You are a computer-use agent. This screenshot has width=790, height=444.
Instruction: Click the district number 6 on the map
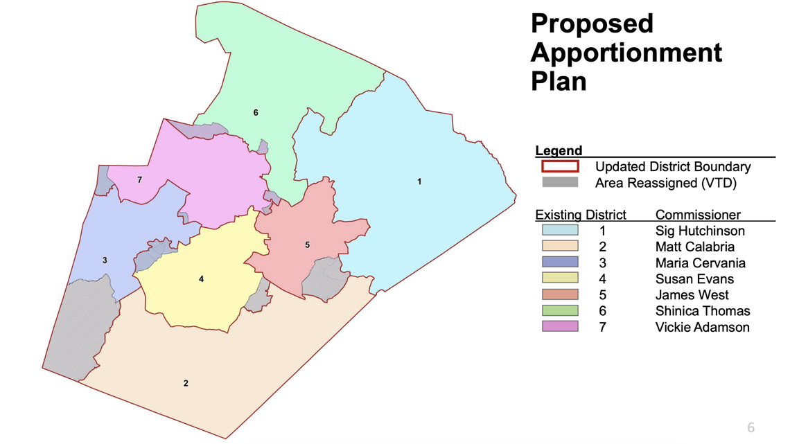click(x=256, y=112)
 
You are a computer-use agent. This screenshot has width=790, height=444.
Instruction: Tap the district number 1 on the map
click(x=419, y=181)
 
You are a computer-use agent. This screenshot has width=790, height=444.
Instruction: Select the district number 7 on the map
click(x=139, y=180)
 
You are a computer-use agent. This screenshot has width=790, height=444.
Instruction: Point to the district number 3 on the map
click(x=105, y=260)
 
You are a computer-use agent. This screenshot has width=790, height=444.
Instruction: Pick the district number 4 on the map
click(x=202, y=279)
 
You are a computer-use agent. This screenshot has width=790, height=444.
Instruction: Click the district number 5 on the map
click(x=307, y=245)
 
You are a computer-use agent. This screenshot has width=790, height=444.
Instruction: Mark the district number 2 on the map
click(x=186, y=383)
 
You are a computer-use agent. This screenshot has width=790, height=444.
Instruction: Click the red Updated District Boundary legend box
click(x=560, y=166)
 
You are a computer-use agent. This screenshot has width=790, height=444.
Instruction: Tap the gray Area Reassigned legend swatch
click(x=560, y=182)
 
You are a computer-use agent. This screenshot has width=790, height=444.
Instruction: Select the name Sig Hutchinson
click(x=700, y=231)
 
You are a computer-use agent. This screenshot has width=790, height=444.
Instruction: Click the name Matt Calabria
click(x=694, y=247)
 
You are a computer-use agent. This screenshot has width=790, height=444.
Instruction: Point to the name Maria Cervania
click(x=699, y=263)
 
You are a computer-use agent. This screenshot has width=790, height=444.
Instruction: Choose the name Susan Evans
click(x=694, y=279)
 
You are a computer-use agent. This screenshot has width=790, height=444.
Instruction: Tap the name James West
click(x=690, y=295)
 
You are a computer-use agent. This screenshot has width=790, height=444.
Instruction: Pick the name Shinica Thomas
click(x=703, y=311)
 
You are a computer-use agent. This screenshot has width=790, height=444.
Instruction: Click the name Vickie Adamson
click(x=702, y=327)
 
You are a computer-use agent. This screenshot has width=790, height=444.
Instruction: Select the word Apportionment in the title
click(x=626, y=53)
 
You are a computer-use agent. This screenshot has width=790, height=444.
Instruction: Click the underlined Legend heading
click(x=559, y=150)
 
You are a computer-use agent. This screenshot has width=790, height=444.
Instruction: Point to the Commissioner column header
click(x=698, y=215)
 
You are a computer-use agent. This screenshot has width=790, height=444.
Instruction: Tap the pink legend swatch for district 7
click(x=560, y=327)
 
